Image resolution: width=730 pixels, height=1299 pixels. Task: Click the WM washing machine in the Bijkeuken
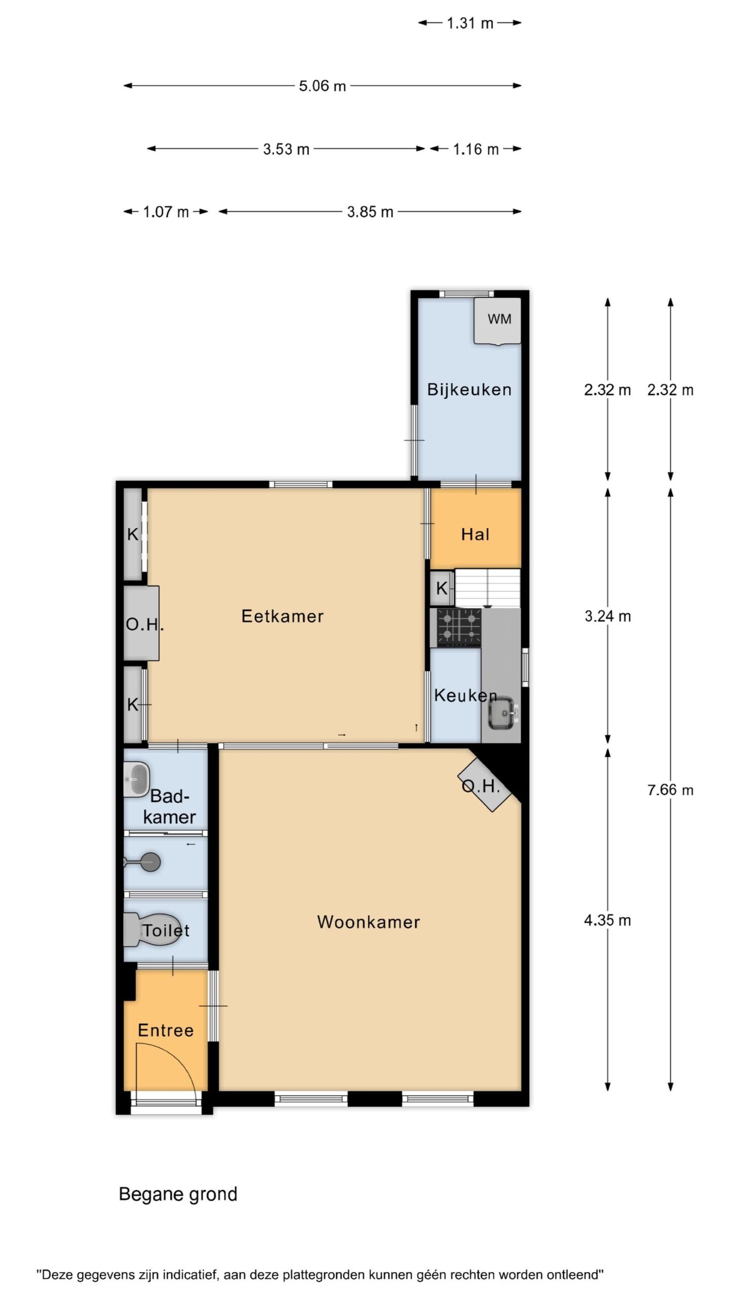tap(497, 321)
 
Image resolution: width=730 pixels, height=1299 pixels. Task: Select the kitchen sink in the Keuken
tap(501, 712)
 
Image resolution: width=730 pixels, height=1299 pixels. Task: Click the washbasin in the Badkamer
tap(136, 779)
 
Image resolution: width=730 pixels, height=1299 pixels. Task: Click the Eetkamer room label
tap(282, 616)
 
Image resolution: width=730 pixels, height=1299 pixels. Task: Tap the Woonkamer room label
tap(369, 921)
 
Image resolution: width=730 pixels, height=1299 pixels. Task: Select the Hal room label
tap(475, 534)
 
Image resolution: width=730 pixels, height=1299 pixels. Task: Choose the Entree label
tap(166, 1030)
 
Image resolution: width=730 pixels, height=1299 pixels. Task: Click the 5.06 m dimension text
tap(322, 86)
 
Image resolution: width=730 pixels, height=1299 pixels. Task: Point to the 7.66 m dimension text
tap(670, 790)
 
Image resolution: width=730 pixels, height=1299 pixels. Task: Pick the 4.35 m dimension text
tap(607, 920)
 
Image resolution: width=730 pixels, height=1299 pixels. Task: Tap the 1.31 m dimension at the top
tap(470, 23)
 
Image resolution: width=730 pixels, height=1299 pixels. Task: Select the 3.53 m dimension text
tap(286, 149)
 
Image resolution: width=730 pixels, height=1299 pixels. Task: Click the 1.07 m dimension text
tap(166, 212)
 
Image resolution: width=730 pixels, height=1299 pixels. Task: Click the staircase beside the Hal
tap(488, 588)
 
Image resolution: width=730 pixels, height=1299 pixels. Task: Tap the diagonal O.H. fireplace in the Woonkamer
tap(484, 785)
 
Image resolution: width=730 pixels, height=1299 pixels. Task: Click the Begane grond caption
tap(178, 1194)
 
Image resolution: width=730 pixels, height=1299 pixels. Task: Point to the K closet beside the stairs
tap(442, 588)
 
